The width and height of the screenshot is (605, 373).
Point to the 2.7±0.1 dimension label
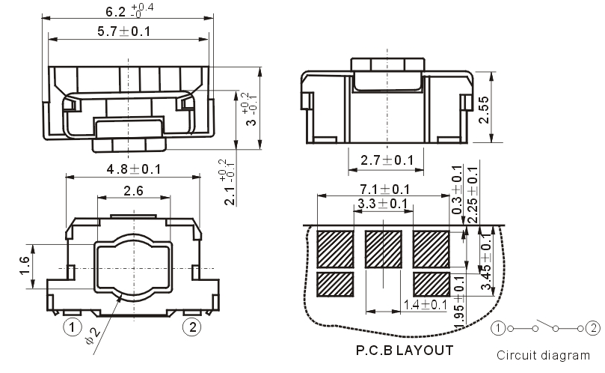coord(386,160)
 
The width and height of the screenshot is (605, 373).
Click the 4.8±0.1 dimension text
coord(133,169)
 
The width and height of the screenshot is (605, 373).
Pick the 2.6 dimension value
coord(133,190)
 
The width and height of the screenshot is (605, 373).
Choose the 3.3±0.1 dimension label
coord(383,204)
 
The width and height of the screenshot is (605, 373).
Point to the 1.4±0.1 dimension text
coord(426,304)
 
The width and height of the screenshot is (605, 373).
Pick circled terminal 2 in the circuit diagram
coord(593,327)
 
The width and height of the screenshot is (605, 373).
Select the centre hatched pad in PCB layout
coord(384,249)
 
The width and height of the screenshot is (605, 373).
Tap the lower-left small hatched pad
coord(335,284)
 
